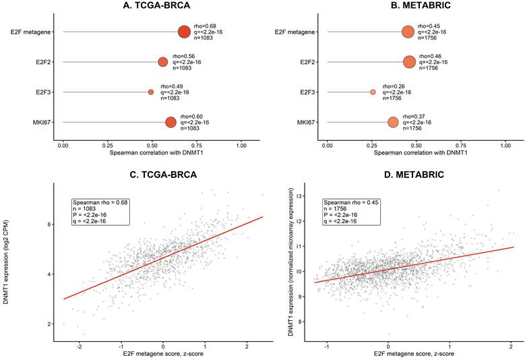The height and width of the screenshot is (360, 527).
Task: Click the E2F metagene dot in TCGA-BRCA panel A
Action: coord(184,32)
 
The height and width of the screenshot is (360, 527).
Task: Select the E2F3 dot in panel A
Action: coord(151,92)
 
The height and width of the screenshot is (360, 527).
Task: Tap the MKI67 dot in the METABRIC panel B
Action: coord(393,122)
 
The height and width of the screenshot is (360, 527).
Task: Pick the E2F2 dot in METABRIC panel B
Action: coord(409,62)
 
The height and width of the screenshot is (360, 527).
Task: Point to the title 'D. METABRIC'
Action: coord(414,175)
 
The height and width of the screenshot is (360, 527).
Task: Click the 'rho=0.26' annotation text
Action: coord(394,86)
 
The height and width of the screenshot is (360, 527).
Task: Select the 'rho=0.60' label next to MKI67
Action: coord(191,117)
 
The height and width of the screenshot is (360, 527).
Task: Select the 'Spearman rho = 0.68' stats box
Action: coord(100,212)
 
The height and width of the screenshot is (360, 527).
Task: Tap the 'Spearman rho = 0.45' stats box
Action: coord(352,212)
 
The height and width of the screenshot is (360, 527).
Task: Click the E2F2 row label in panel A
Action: coord(43,62)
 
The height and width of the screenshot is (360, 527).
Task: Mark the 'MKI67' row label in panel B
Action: coord(306,122)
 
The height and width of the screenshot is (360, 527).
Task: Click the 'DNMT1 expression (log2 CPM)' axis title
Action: coord(6,262)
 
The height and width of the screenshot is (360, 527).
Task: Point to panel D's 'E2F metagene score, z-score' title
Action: coord(414,354)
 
